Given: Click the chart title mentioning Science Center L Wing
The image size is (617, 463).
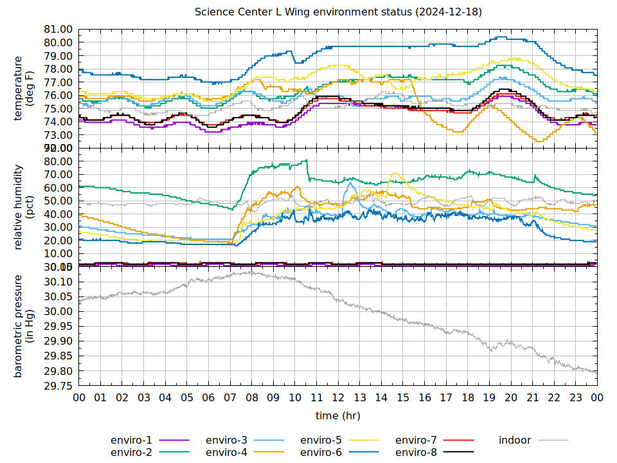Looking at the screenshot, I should click(338, 12).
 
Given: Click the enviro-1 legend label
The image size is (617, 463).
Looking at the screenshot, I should click(131, 440).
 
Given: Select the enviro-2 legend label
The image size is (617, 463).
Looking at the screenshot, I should click(131, 453).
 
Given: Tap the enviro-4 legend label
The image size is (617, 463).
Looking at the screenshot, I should click(226, 453).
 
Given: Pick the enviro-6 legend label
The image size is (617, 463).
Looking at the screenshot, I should click(321, 453).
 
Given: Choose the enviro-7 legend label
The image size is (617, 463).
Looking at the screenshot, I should click(416, 440).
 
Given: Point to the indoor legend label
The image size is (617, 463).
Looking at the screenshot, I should click(515, 440).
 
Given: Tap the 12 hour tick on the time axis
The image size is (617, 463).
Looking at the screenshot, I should click(338, 398).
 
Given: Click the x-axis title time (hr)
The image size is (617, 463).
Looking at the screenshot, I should click(338, 416).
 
